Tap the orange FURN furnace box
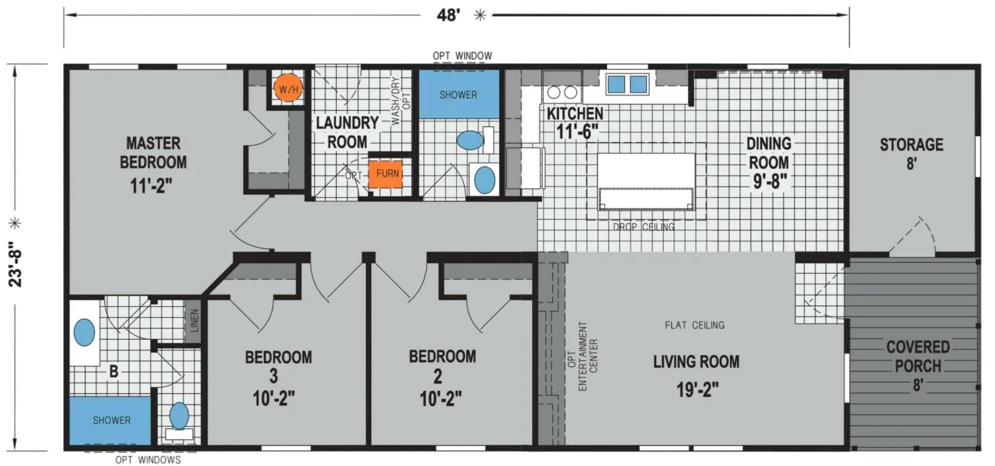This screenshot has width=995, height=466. coord(386,173)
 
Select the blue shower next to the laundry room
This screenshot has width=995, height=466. coord(459,94)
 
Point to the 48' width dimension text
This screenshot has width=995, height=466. coord(448,15)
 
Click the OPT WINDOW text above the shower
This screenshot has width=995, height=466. coord(462,56)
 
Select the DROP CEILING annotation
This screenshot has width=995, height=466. coord(643,227)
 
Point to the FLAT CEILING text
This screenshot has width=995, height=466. coord(694,325)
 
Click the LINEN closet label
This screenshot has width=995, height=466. coord(194,321)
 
